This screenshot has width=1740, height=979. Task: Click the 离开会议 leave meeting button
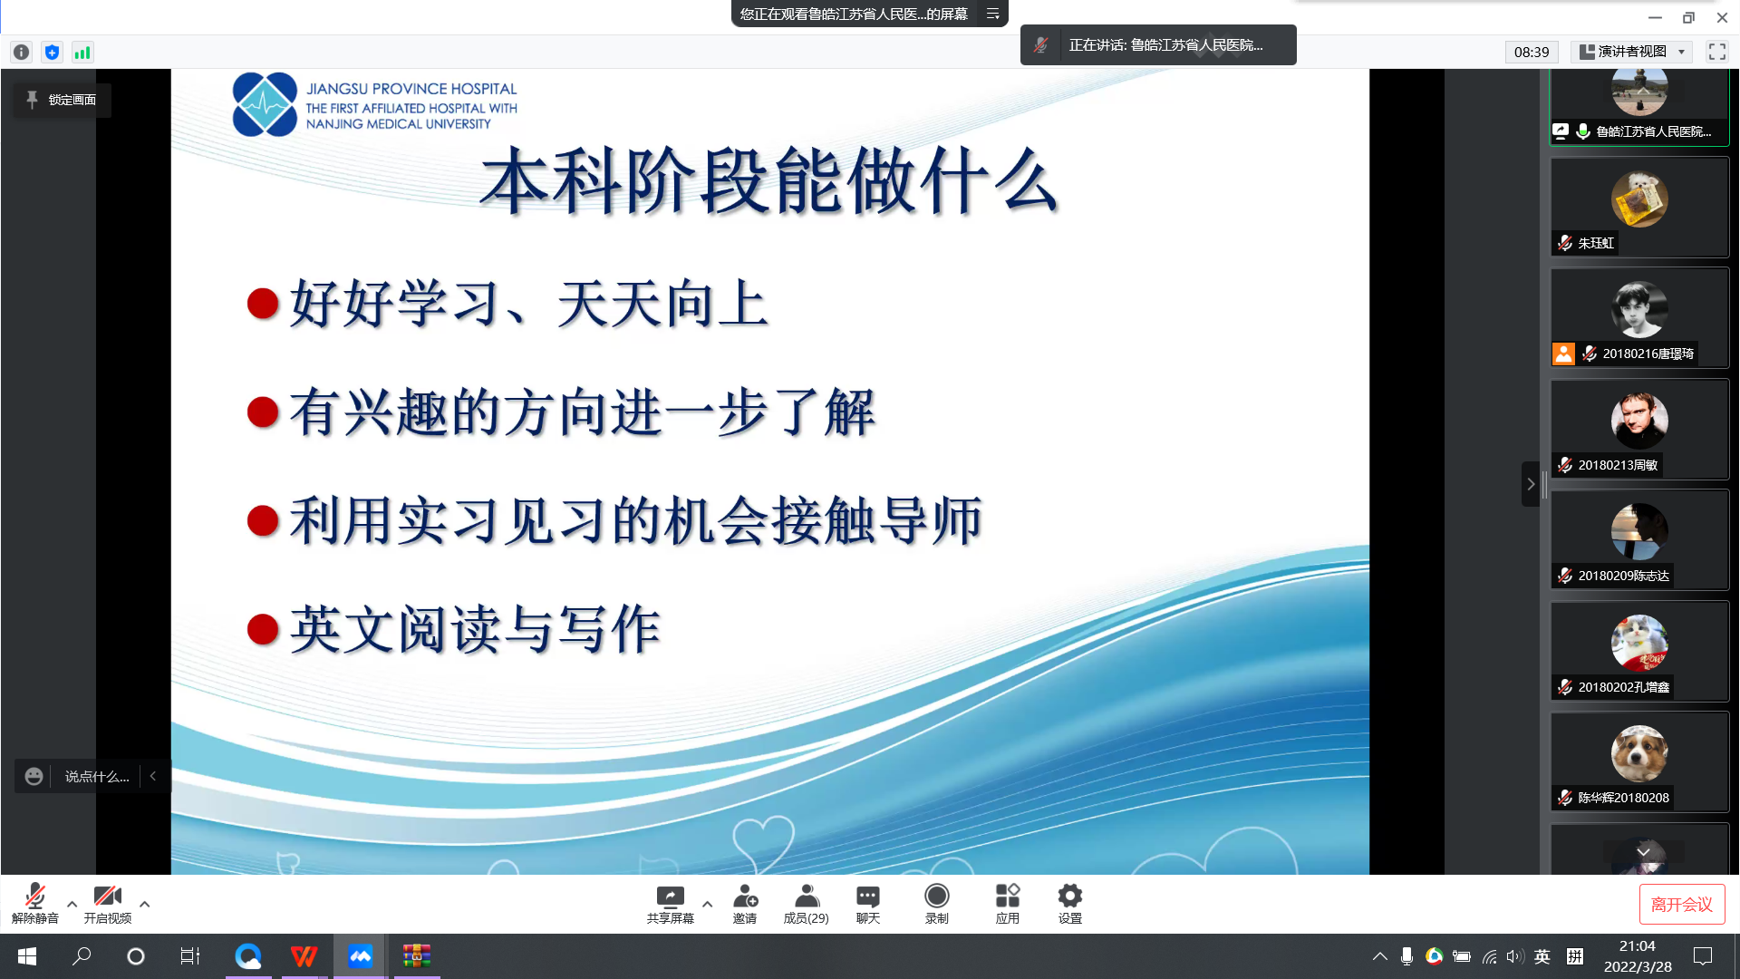[x=1682, y=904]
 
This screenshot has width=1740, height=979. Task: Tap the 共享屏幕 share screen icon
[x=670, y=897]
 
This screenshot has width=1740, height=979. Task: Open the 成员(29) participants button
[x=807, y=897]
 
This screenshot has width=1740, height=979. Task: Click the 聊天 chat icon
[x=868, y=897]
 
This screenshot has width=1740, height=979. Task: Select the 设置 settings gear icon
[x=1070, y=896]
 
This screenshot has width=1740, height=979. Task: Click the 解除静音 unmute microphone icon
[x=34, y=896]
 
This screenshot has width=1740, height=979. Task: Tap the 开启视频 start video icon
[x=108, y=896]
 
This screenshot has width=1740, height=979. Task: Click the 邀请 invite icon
[x=745, y=897]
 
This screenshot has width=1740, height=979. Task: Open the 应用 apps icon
[x=1008, y=896]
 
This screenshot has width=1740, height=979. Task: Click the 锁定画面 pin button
[x=62, y=100]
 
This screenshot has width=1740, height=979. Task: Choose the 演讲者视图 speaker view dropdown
[x=1632, y=52]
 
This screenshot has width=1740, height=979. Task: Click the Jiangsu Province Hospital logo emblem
[x=265, y=104]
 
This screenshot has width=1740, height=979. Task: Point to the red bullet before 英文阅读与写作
[x=263, y=628]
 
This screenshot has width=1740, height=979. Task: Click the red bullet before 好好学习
[x=263, y=303]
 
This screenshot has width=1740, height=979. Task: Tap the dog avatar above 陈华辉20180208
[x=1639, y=753]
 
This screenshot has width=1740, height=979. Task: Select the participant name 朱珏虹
[x=1596, y=243]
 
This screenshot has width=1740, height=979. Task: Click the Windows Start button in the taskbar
[x=27, y=956]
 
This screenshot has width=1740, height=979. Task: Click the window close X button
[x=1722, y=17]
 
